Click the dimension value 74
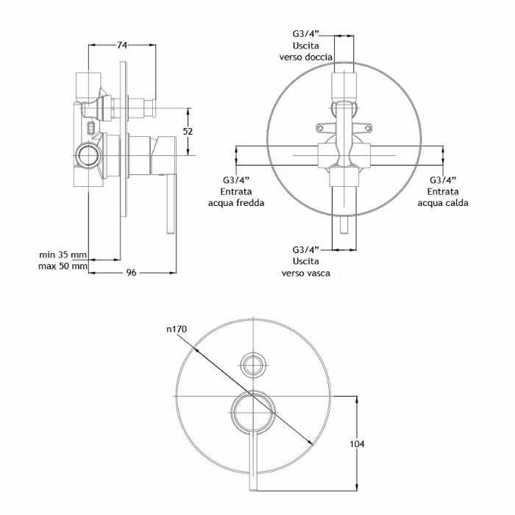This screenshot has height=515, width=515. (x=122, y=45)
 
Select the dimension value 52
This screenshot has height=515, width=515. (x=188, y=132)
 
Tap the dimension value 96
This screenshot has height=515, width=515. (x=132, y=273)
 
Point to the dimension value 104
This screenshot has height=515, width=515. (x=357, y=444)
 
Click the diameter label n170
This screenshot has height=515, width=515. (x=177, y=329)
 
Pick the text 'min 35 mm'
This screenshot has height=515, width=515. (x=63, y=255)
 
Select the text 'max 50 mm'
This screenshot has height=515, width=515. (x=63, y=266)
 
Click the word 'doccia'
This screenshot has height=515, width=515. (x=319, y=57)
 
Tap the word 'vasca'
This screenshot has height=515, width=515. (x=318, y=273)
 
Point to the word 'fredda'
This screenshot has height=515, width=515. (x=250, y=202)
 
